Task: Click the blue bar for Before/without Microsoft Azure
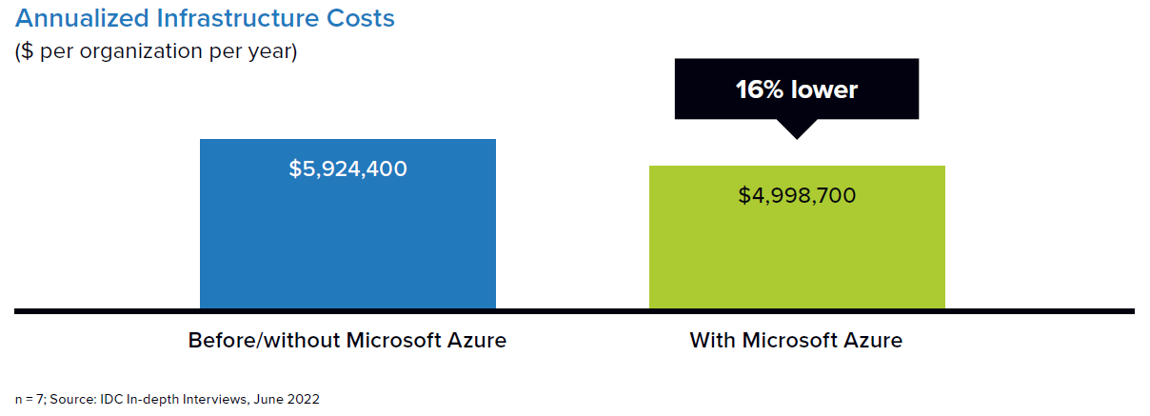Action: point(347,238)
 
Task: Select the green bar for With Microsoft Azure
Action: point(797,248)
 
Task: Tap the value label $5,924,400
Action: point(347,169)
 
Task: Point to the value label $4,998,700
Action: point(797,195)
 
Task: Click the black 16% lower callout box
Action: point(797,89)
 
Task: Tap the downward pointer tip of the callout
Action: point(797,136)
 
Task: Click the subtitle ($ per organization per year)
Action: point(156,50)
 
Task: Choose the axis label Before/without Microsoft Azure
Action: point(347,340)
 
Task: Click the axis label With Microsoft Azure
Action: point(796,340)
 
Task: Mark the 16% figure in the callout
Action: point(759,89)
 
